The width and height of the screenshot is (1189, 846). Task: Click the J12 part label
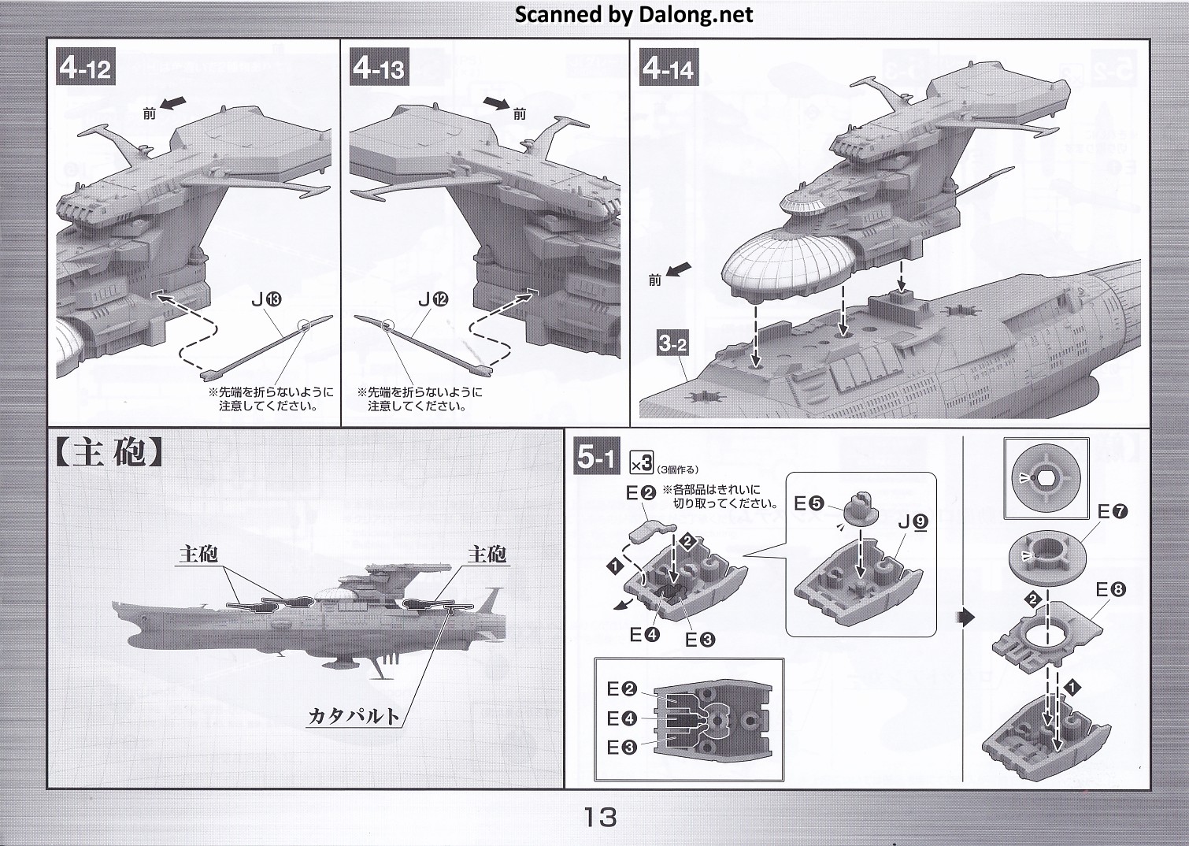(x=432, y=299)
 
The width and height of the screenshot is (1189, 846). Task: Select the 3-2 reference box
(x=673, y=343)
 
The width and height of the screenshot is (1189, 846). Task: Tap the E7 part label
(x=1113, y=512)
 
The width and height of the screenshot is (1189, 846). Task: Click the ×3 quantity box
(x=642, y=462)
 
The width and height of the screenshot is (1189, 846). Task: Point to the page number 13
(x=601, y=818)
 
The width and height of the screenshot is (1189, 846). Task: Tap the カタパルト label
(x=354, y=716)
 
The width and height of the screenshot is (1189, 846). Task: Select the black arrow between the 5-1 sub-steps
(x=968, y=618)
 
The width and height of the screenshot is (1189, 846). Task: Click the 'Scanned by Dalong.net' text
(x=634, y=14)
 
